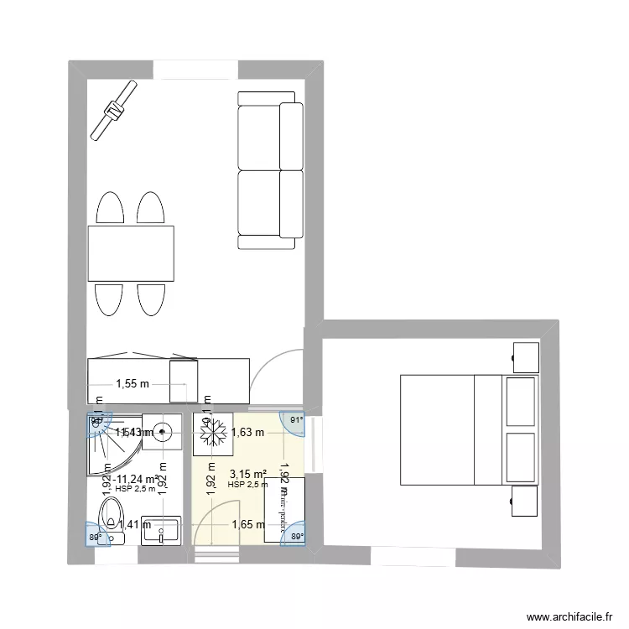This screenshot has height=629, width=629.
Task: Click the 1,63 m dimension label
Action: pos(248,433)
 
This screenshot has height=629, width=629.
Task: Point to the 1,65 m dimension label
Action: pos(249,524)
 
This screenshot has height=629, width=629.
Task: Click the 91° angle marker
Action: pos(294,421)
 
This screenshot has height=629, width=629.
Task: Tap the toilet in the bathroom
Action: pos(112,516)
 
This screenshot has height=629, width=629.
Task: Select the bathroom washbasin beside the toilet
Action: pos(162,529)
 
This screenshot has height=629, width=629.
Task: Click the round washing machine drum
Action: pos(162,433)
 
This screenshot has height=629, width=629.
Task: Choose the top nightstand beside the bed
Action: pos(526,356)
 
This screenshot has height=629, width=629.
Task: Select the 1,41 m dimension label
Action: pos(134,525)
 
